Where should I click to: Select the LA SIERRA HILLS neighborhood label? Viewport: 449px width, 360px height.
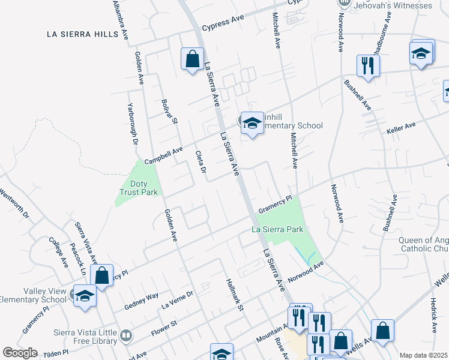[x=83, y=34]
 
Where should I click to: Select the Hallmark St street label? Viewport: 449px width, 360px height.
[x=234, y=295]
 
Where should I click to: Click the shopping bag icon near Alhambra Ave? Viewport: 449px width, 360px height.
[x=192, y=59]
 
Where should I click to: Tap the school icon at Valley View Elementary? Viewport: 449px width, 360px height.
[x=85, y=297]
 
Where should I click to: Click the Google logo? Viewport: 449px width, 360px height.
[x=20, y=353]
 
